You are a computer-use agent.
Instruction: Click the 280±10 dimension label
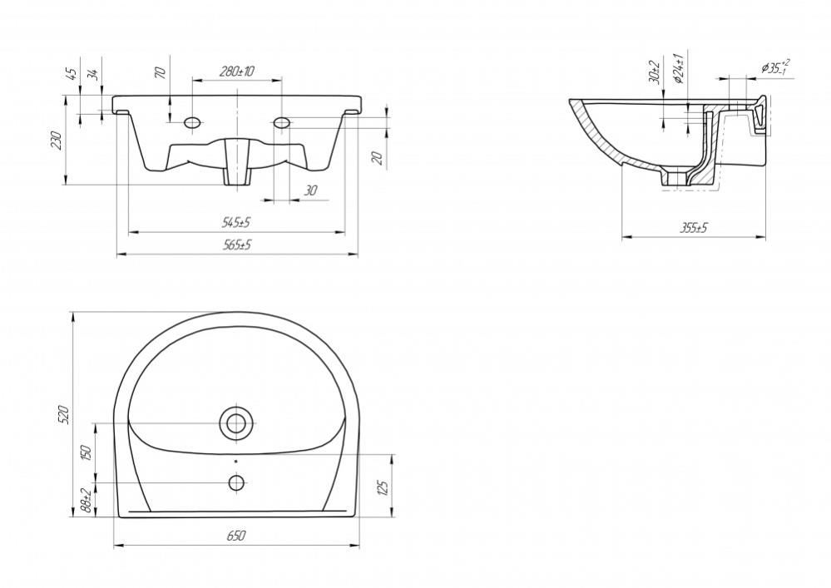point(237,72)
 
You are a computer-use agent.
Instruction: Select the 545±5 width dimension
point(236,223)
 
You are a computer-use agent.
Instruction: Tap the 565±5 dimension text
point(236,245)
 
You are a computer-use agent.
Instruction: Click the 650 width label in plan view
point(236,536)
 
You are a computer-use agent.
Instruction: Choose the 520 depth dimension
point(63,414)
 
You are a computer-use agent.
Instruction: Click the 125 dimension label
point(384,486)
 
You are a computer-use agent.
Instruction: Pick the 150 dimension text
point(87,452)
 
